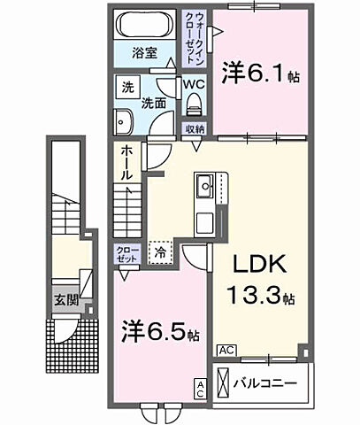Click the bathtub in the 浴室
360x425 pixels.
(x=145, y=26)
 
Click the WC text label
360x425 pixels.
(x=195, y=85)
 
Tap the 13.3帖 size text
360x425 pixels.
(x=263, y=296)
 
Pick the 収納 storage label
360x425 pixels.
(x=195, y=129)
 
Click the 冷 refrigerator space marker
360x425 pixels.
(x=160, y=251)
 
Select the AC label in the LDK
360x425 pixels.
(x=226, y=350)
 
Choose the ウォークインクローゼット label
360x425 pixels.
(x=194, y=35)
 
